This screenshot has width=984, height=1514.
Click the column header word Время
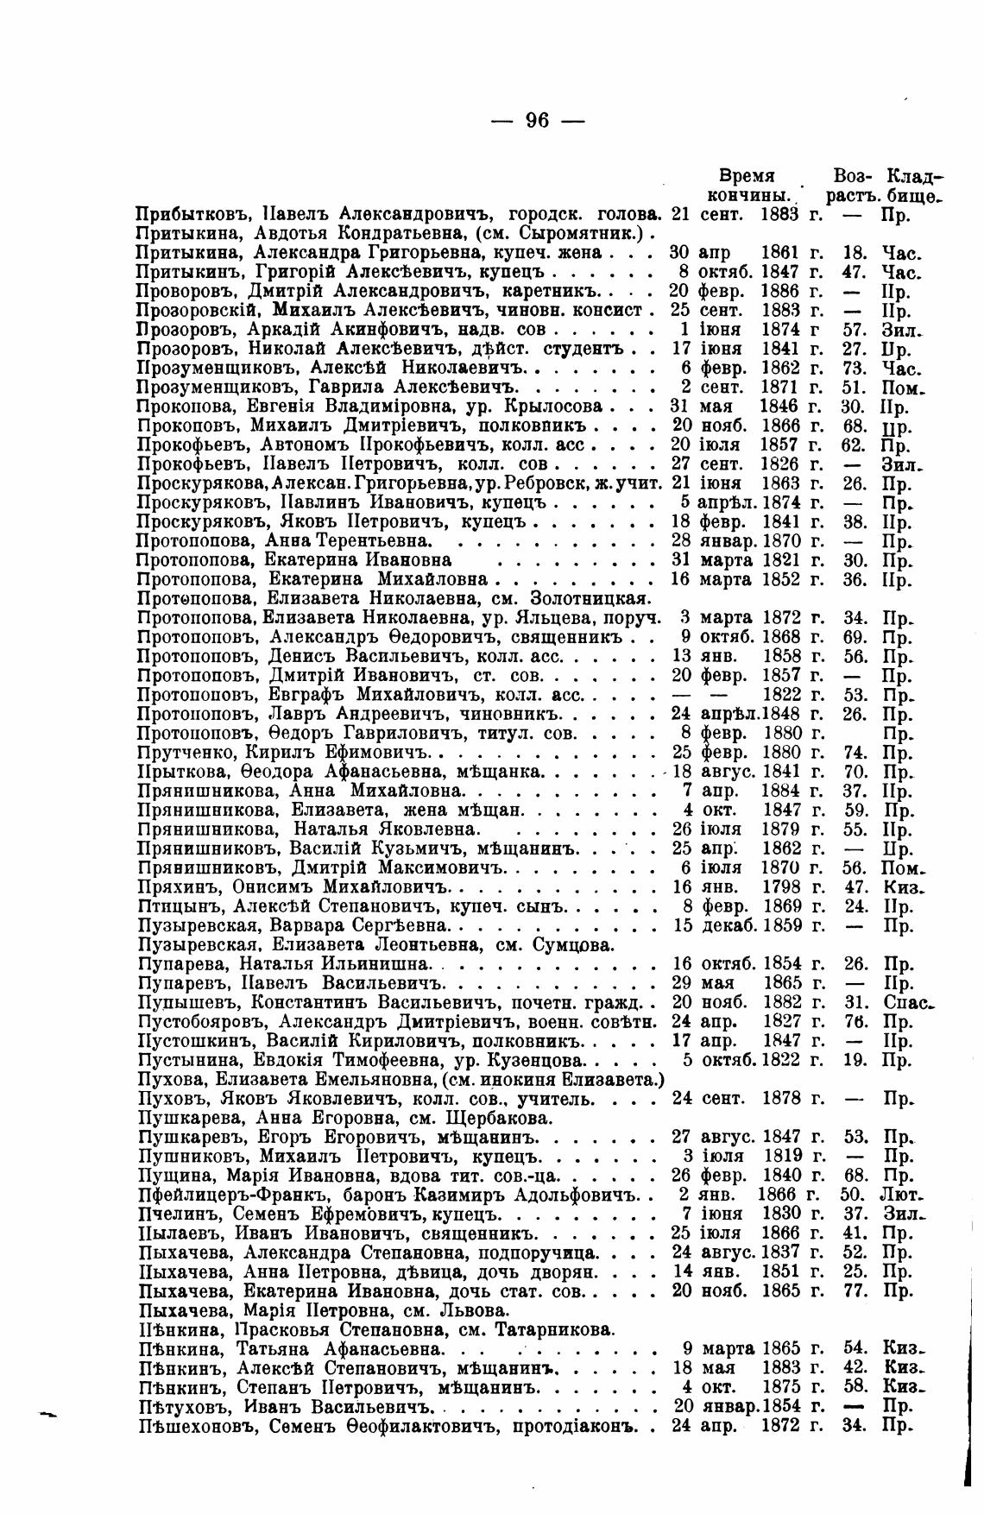coord(747,175)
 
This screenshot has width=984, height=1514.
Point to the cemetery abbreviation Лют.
coord(903,1195)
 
